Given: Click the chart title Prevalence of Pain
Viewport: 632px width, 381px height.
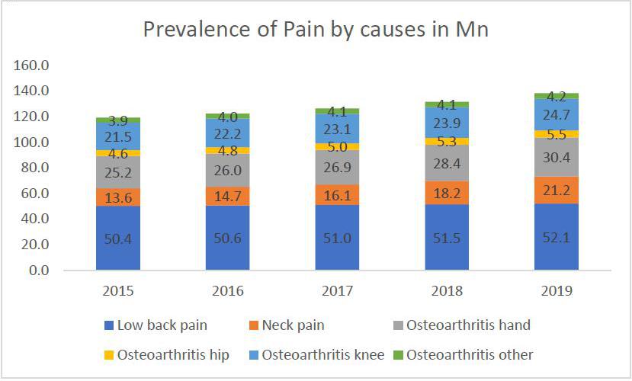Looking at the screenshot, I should (x=316, y=30).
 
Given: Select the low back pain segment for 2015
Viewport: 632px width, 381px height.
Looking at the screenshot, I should (x=118, y=237).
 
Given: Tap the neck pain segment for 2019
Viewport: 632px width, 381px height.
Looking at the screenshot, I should (x=557, y=190).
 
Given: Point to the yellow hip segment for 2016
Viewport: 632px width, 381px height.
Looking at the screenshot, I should (x=228, y=150).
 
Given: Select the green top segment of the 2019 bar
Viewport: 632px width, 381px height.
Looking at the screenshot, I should (x=557, y=96).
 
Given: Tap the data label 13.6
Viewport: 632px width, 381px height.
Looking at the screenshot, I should (x=118, y=197).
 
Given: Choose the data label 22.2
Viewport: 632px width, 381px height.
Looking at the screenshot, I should (x=228, y=134).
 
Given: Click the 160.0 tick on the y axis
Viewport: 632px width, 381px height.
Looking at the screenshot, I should (x=33, y=66).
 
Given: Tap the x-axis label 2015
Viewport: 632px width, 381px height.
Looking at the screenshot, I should (x=118, y=291).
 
